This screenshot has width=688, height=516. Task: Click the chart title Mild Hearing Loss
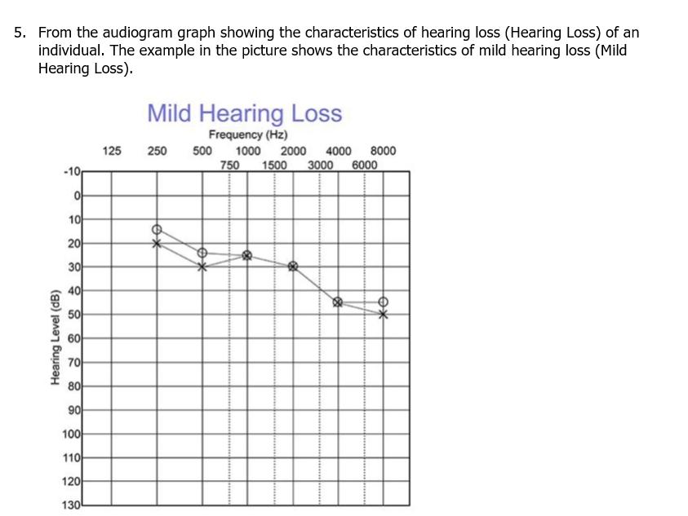[x=244, y=113]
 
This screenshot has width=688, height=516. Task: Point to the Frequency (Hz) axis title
[x=247, y=135]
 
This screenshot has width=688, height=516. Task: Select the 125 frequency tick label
[x=112, y=151]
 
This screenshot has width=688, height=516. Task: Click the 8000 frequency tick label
[x=383, y=151]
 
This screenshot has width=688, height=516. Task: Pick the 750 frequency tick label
[x=230, y=164]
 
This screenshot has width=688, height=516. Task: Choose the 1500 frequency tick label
[x=274, y=164]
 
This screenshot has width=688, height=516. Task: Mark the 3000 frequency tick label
[x=320, y=164]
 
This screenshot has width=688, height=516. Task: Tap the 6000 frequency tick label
[x=365, y=164]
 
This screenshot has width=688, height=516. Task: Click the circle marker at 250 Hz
[x=158, y=230]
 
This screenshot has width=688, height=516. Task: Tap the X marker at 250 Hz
[x=158, y=243]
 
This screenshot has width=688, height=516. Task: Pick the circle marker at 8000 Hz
[x=383, y=302]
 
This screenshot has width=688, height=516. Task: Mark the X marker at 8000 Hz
[x=383, y=314]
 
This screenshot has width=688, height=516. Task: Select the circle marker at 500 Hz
[x=202, y=253]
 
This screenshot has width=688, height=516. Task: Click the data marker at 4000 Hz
[x=338, y=302]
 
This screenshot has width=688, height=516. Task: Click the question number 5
[x=20, y=33]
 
